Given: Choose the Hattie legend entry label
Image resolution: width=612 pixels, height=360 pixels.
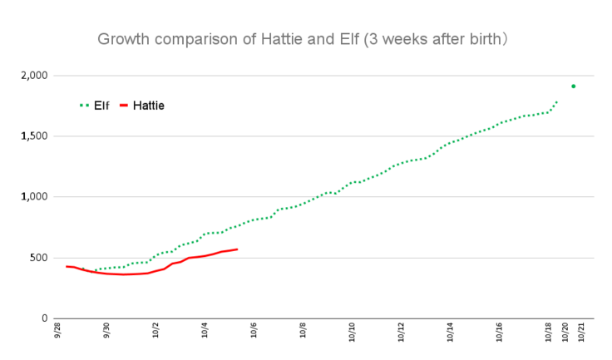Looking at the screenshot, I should pyautogui.click(x=149, y=106).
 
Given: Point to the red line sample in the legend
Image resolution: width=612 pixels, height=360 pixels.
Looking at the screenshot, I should pyautogui.click(x=125, y=106).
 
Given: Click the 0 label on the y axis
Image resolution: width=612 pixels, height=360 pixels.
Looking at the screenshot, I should pyautogui.click(x=45, y=318).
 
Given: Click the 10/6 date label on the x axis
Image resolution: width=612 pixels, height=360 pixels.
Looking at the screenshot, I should pyautogui.click(x=254, y=332).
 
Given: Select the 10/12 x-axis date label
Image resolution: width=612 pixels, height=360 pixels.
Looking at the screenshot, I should pyautogui.click(x=401, y=332).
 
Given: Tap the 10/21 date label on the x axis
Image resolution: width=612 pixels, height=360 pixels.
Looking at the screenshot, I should pyautogui.click(x=582, y=332).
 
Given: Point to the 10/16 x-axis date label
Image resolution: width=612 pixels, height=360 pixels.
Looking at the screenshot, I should pyautogui.click(x=499, y=332).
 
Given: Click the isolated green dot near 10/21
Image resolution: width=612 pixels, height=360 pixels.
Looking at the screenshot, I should pyautogui.click(x=573, y=86).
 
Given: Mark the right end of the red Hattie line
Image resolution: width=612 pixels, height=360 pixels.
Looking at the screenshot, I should pyautogui.click(x=237, y=249).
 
